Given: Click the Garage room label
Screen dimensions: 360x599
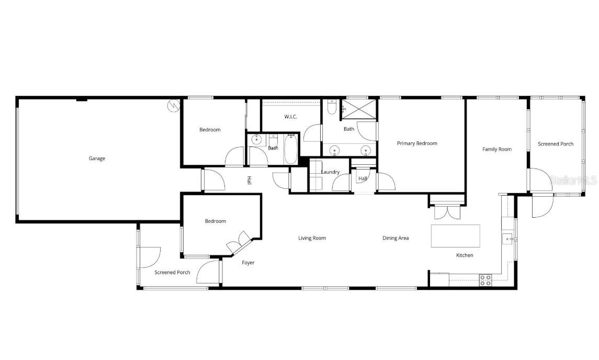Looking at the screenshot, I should coord(97,159).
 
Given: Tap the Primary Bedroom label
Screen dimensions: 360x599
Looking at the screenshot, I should coord(417,143).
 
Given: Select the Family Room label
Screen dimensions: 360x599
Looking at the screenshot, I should coord(496,149).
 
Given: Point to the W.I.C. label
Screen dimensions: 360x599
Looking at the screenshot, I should coord(291,117).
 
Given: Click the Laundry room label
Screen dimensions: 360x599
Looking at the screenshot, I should coord(330,172).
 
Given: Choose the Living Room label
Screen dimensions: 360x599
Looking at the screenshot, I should coord(312,238).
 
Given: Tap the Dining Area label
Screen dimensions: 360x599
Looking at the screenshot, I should coord(395,238).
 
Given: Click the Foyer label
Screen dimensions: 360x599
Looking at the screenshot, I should coord(248,263).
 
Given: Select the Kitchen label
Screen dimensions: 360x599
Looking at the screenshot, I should coord(465,255).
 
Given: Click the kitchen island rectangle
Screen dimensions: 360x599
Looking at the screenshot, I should coord(455,236).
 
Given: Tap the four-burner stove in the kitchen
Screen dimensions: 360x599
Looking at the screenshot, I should coord(485,280).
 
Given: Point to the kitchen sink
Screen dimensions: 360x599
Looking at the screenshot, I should coord(507,239).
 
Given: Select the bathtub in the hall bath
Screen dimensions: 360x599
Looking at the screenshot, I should coord(290,149).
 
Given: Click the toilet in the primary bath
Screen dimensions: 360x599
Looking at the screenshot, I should coord(331,107).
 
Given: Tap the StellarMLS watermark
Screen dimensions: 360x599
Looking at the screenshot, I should coord(573,180).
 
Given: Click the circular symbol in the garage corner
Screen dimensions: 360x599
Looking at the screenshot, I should coord(173,106).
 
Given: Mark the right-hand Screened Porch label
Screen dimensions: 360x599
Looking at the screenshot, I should coord(556,144).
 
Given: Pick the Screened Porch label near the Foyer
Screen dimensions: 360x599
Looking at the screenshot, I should coord(172,272).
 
